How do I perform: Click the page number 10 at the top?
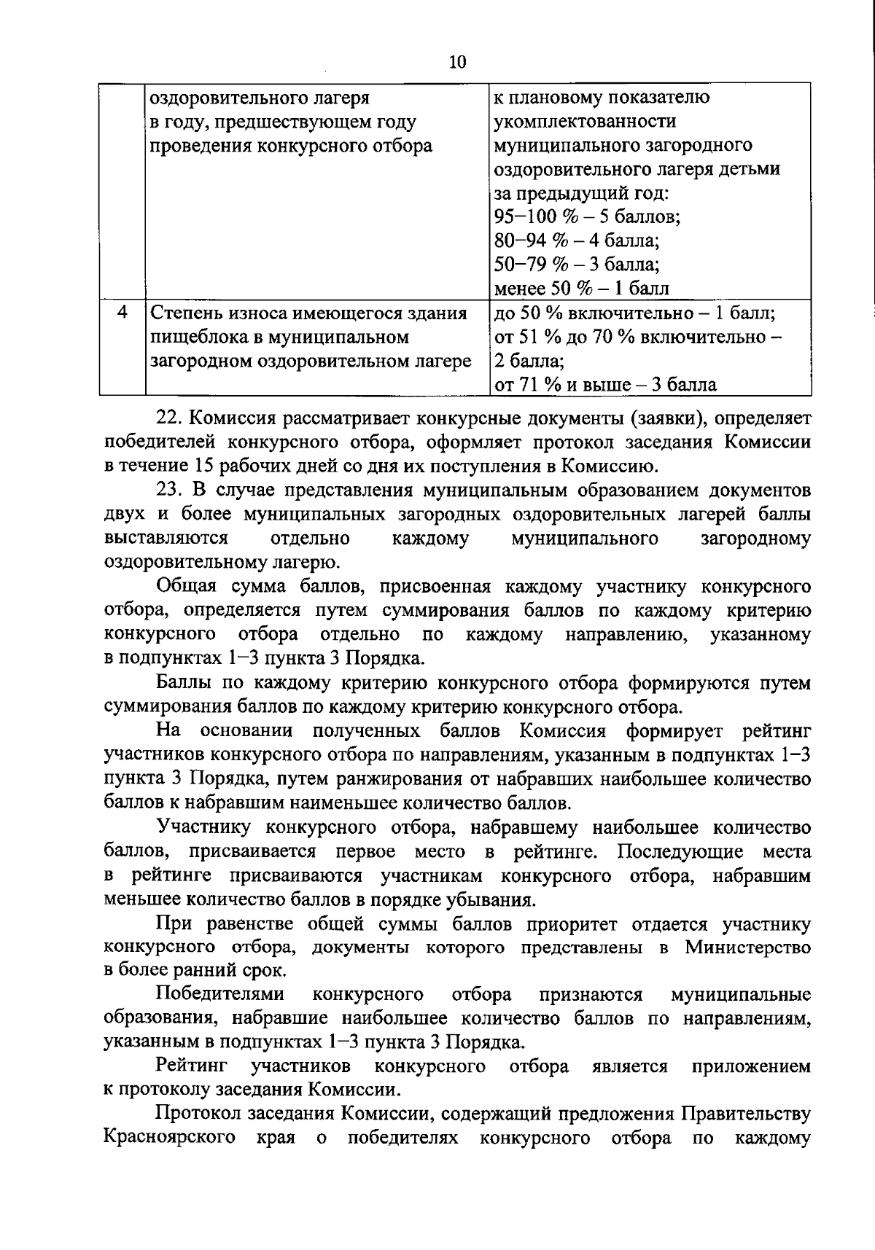(x=457, y=62)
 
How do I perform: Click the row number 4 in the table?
(x=122, y=313)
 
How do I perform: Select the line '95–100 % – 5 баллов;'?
(x=587, y=216)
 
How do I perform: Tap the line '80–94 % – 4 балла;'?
(x=576, y=241)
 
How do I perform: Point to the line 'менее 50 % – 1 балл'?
(x=581, y=288)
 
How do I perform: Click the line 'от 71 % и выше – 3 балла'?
(x=605, y=384)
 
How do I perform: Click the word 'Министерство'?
(x=747, y=948)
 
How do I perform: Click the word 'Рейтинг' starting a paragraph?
(x=192, y=1066)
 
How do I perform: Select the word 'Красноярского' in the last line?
(x=170, y=1138)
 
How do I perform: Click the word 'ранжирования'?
(x=408, y=779)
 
